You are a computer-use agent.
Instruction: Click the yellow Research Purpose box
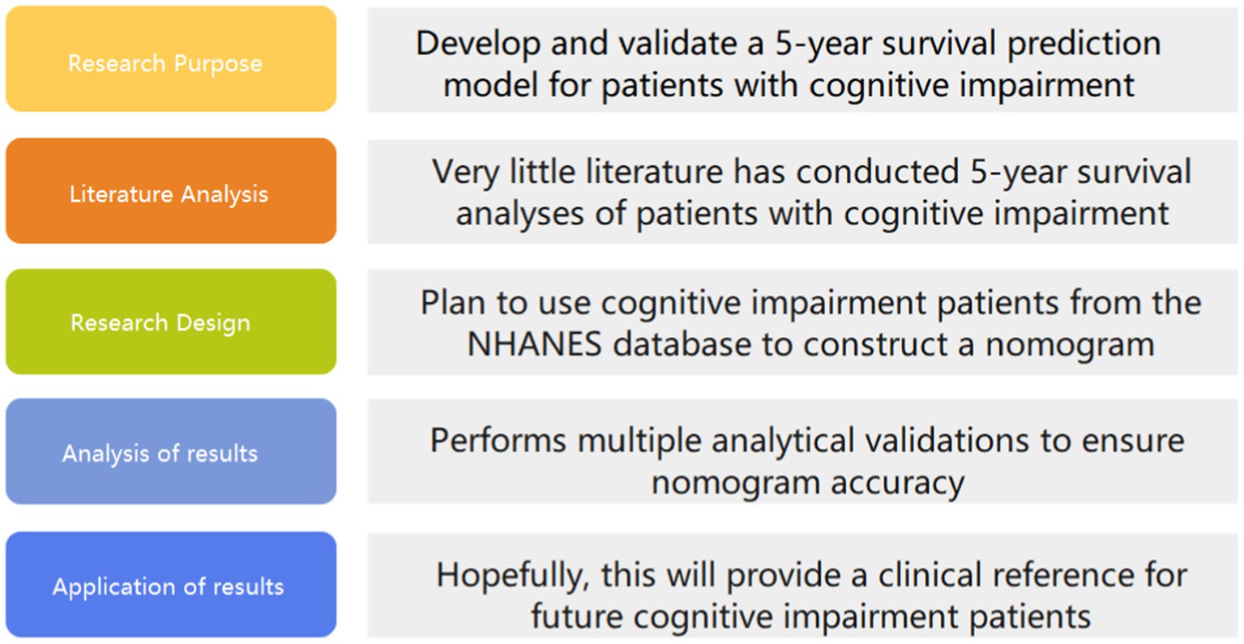(171, 59)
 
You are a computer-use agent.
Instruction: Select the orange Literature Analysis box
(171, 190)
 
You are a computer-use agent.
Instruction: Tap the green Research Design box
(171, 322)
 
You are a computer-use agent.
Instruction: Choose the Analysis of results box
(171, 450)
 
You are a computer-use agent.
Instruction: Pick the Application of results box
(171, 585)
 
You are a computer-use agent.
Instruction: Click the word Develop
(477, 45)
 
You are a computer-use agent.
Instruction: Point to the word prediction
(1084, 43)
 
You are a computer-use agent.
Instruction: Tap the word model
(490, 86)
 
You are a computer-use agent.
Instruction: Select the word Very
(465, 172)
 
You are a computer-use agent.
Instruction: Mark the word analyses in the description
(519, 215)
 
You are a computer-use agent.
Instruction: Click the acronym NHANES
(534, 344)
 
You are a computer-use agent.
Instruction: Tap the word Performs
(498, 441)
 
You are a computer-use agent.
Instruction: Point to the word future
(576, 616)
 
